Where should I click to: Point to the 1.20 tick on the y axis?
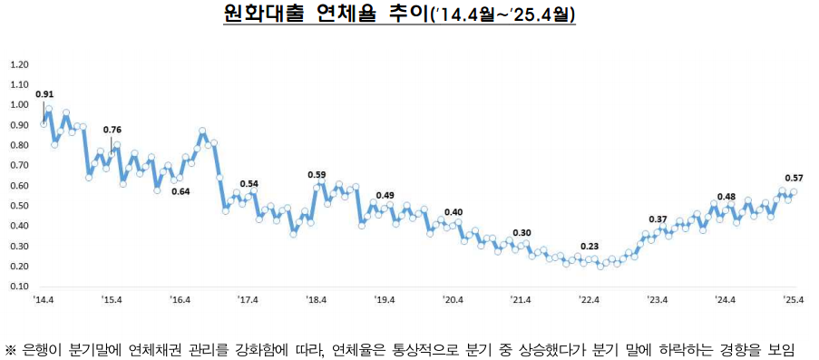(x=17, y=65)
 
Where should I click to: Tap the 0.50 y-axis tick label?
(x=17, y=206)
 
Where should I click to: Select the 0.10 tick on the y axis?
(x=17, y=287)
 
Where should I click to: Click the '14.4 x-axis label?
(x=44, y=299)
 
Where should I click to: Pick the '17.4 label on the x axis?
(x=248, y=299)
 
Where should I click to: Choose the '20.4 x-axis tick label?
(x=453, y=299)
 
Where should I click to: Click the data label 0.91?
(x=44, y=93)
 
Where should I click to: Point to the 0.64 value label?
(x=180, y=190)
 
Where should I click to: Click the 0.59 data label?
(x=317, y=174)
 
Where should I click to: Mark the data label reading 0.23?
(x=589, y=247)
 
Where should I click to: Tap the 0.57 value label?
(x=792, y=178)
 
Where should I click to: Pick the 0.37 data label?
(x=658, y=219)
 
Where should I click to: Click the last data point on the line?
(x=794, y=192)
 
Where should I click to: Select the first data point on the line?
(x=44, y=123)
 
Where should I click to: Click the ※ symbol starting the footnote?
(x=11, y=350)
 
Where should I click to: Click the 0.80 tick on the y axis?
(x=17, y=146)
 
